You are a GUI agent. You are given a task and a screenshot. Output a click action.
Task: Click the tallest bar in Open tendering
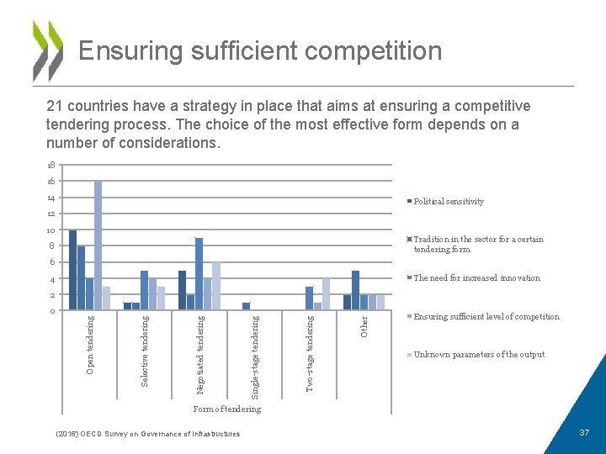[x=98, y=245]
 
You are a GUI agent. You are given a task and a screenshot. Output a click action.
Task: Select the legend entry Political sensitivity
[x=448, y=202]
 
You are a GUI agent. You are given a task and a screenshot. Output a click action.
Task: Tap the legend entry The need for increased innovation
[x=476, y=278]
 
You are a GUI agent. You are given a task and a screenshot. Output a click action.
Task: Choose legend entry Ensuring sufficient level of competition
[x=486, y=317]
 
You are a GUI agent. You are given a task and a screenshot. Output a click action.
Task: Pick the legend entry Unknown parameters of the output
[x=478, y=355]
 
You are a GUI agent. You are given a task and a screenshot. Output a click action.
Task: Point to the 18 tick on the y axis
[x=50, y=166]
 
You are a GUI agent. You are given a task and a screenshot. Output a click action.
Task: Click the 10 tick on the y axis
[x=50, y=230]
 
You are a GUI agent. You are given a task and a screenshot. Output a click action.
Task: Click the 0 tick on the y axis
[x=51, y=311]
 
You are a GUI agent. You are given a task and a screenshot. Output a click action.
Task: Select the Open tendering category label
[x=91, y=345]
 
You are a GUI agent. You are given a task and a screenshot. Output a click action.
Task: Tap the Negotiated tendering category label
[x=199, y=354]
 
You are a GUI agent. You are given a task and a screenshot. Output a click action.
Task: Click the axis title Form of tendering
[x=226, y=409]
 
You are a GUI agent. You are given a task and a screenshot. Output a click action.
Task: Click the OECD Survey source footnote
[x=146, y=434]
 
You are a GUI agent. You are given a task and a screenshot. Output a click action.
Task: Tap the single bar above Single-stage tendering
[x=246, y=305]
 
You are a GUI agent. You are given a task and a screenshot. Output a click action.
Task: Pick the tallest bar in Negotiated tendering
[x=199, y=273]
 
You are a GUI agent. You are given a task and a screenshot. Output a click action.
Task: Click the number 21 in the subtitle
[x=55, y=106]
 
